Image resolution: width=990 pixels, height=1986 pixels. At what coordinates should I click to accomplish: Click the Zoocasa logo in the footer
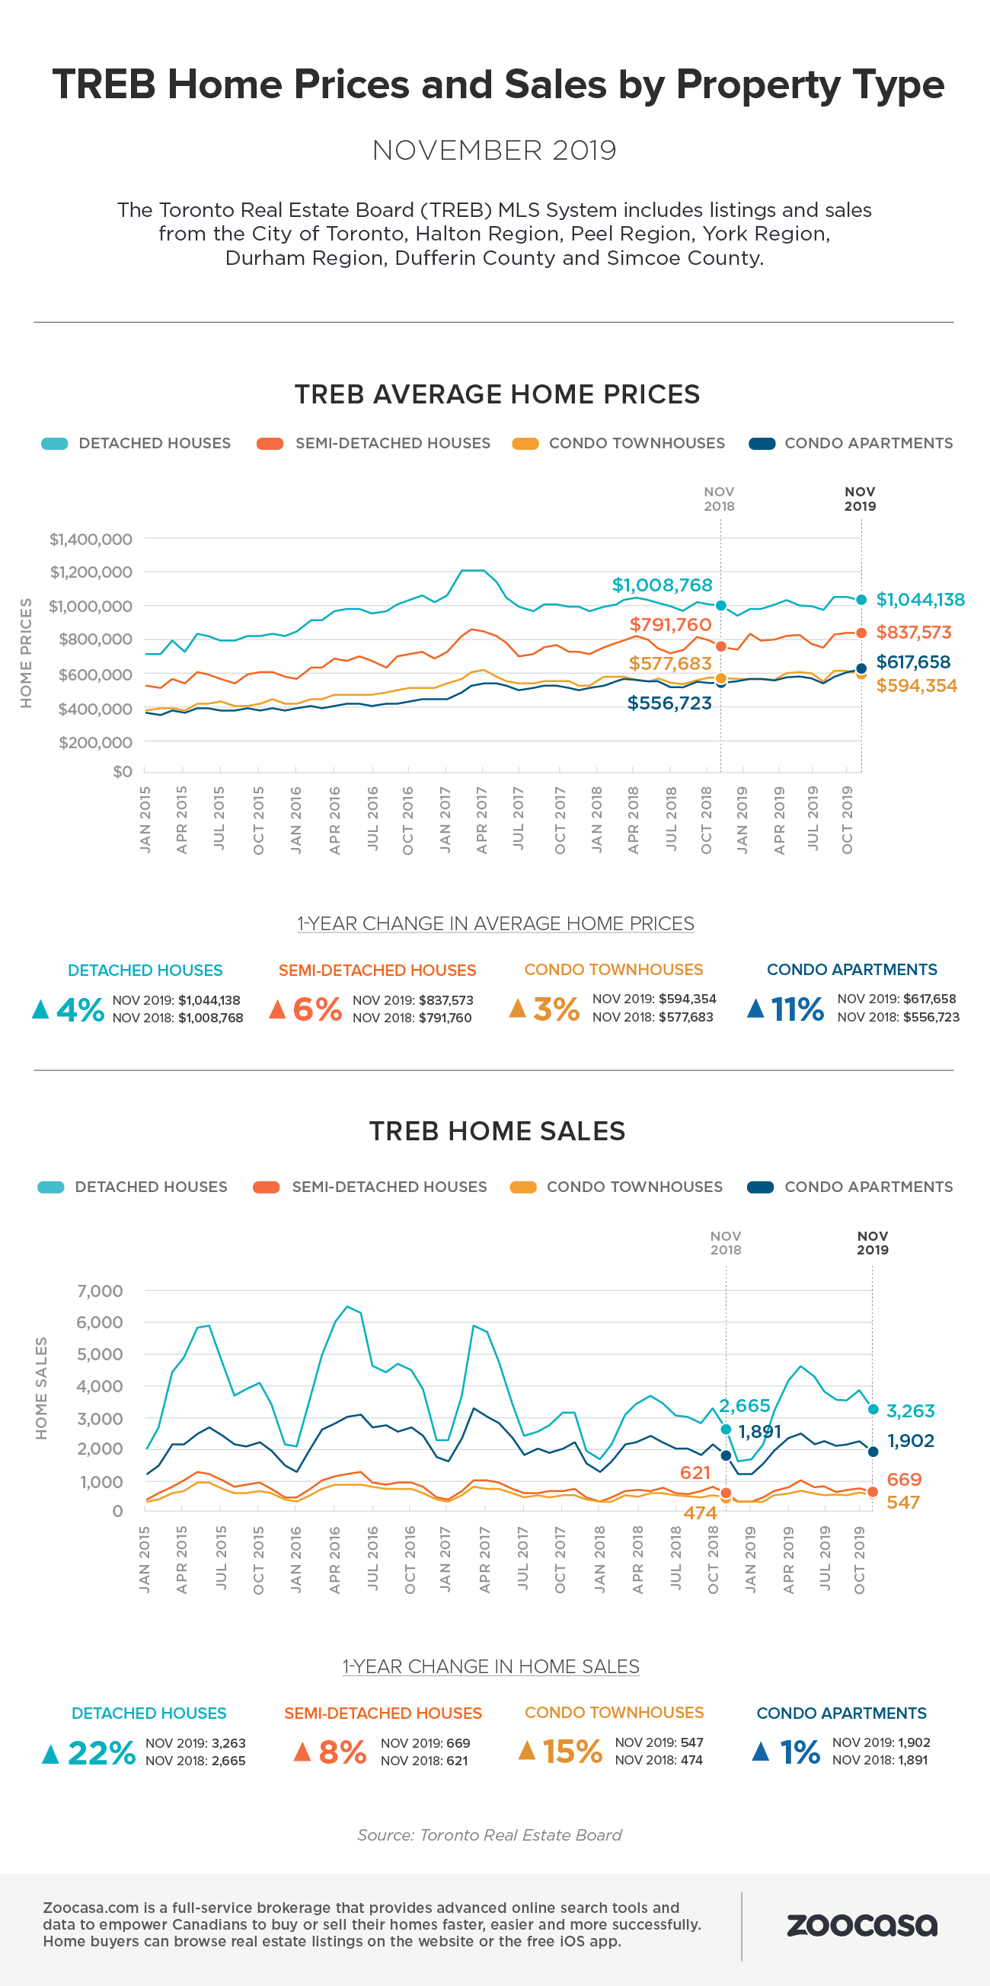click(x=861, y=1924)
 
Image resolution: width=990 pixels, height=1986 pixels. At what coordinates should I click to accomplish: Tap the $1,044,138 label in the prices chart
click(x=920, y=600)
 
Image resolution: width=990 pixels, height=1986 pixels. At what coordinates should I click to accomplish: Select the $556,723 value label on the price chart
click(x=669, y=703)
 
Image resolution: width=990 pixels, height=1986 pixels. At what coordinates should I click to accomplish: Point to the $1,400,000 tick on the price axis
click(x=91, y=539)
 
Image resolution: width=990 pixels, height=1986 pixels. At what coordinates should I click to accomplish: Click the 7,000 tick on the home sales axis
click(x=100, y=1290)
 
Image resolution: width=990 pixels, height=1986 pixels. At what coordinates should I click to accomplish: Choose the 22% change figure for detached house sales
click(x=102, y=1752)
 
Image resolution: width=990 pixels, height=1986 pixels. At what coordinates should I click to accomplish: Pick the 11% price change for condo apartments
click(x=797, y=1009)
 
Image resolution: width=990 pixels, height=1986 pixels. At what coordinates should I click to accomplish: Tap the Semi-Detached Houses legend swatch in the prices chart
click(x=270, y=443)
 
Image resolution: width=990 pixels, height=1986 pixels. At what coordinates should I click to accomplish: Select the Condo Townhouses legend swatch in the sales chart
click(x=522, y=1187)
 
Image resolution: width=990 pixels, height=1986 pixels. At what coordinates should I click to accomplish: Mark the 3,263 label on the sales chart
click(x=910, y=1411)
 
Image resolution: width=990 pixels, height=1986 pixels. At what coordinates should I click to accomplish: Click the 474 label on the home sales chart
click(x=700, y=1513)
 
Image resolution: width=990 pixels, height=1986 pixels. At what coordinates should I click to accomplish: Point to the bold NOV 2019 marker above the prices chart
click(x=860, y=499)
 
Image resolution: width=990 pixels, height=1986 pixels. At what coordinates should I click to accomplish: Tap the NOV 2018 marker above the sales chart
click(x=725, y=1243)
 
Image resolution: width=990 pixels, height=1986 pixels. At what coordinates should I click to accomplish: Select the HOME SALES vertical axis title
click(x=42, y=1388)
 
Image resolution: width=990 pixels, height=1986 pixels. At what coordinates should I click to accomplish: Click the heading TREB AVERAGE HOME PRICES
click(x=497, y=395)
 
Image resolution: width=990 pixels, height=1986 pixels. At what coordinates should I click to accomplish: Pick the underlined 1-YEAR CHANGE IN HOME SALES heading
click(x=490, y=1666)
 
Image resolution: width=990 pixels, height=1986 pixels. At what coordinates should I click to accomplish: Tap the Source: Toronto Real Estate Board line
click(x=489, y=1835)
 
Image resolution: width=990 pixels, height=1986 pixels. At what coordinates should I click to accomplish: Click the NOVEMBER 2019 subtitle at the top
click(x=494, y=150)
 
